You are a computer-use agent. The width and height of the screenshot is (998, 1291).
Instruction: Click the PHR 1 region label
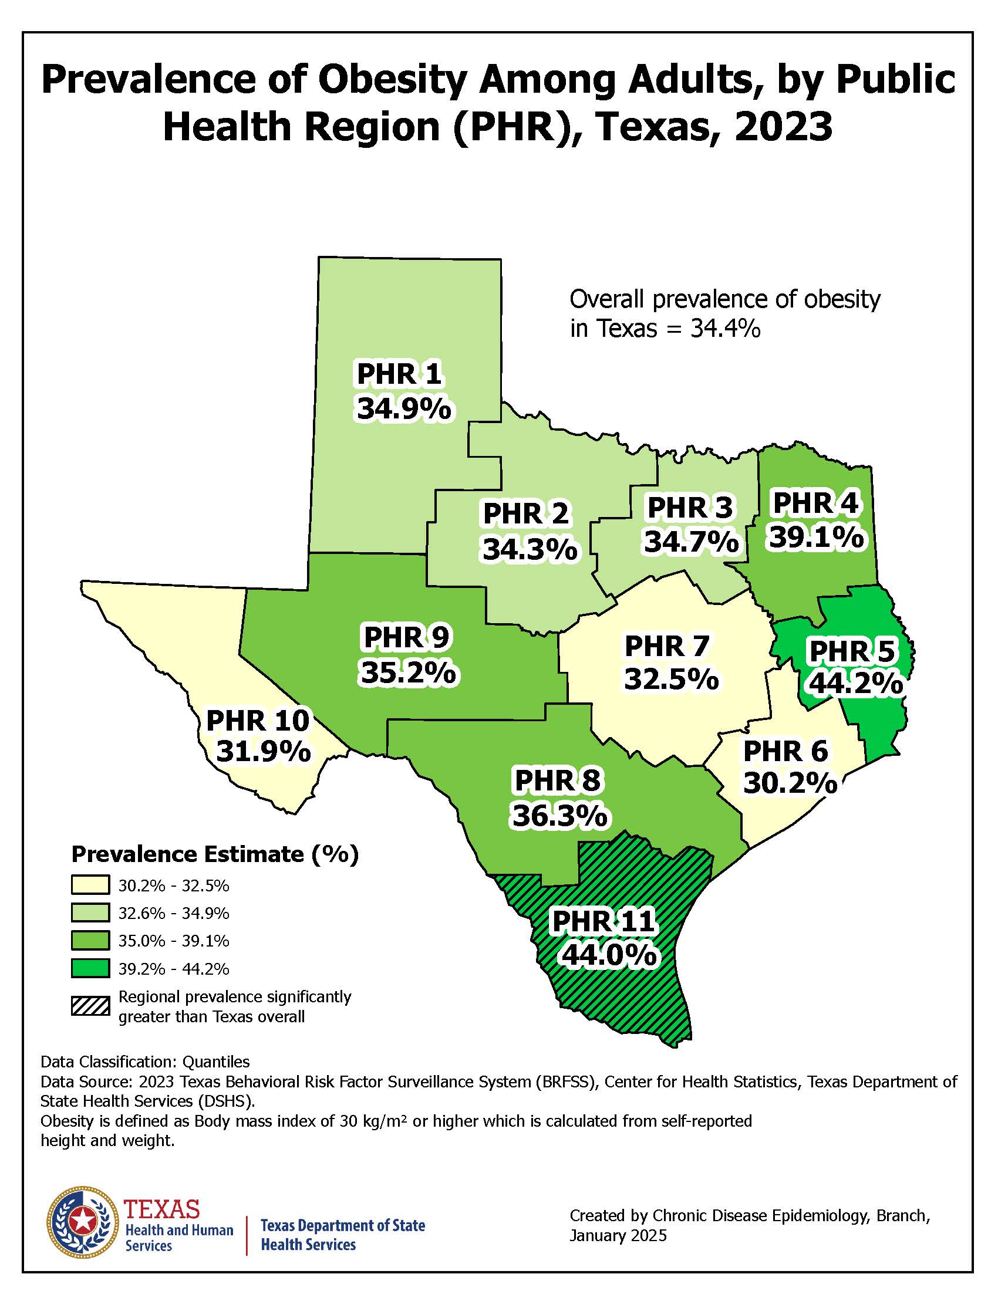[400, 374]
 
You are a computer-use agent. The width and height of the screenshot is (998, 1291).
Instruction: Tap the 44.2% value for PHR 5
[855, 684]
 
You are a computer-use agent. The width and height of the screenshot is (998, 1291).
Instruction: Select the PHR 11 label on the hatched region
[603, 921]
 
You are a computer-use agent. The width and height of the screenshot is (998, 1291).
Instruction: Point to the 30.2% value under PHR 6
[790, 783]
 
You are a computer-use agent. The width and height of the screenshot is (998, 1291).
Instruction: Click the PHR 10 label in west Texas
[258, 721]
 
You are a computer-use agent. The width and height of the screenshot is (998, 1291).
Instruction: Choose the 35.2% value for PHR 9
[409, 672]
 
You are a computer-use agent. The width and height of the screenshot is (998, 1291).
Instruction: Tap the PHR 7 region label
[666, 646]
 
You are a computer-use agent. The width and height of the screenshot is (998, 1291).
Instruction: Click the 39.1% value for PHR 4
[816, 538]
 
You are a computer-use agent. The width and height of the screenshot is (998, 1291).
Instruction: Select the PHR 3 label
[690, 508]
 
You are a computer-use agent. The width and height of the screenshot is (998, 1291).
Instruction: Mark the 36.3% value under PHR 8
[559, 816]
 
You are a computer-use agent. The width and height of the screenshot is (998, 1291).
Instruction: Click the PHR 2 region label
[525, 513]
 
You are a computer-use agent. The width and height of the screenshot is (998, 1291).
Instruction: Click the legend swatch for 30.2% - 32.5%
[90, 886]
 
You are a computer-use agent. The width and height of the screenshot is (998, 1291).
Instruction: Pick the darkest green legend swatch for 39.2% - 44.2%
[90, 969]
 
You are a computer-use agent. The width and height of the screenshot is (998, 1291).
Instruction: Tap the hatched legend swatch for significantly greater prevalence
[90, 1006]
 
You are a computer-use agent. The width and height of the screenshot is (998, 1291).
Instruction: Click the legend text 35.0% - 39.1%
[174, 941]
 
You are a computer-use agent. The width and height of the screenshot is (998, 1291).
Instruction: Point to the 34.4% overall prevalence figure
[725, 329]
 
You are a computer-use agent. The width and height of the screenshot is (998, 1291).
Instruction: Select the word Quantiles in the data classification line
[216, 1062]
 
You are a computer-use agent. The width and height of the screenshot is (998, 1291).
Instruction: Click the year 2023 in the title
[783, 127]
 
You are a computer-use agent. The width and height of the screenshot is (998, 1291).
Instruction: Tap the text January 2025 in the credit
[618, 1235]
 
